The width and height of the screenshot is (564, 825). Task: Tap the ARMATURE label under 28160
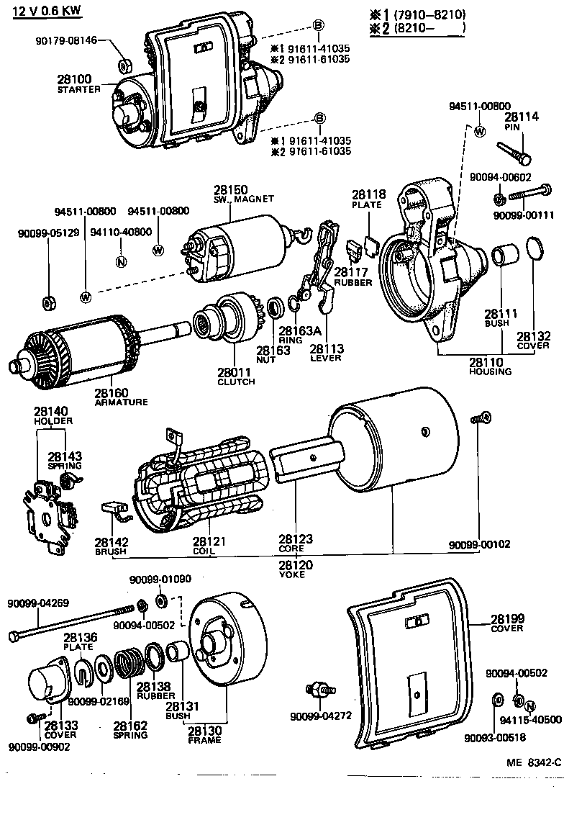(121, 402)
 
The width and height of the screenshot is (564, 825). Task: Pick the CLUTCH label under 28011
(236, 382)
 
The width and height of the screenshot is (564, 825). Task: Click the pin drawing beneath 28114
(514, 153)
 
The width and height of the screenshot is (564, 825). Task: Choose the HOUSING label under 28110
(490, 371)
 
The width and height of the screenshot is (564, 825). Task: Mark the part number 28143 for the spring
(65, 456)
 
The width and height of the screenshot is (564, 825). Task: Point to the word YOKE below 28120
(292, 574)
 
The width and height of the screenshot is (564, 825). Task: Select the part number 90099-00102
(479, 544)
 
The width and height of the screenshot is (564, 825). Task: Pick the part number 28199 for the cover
(508, 618)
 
